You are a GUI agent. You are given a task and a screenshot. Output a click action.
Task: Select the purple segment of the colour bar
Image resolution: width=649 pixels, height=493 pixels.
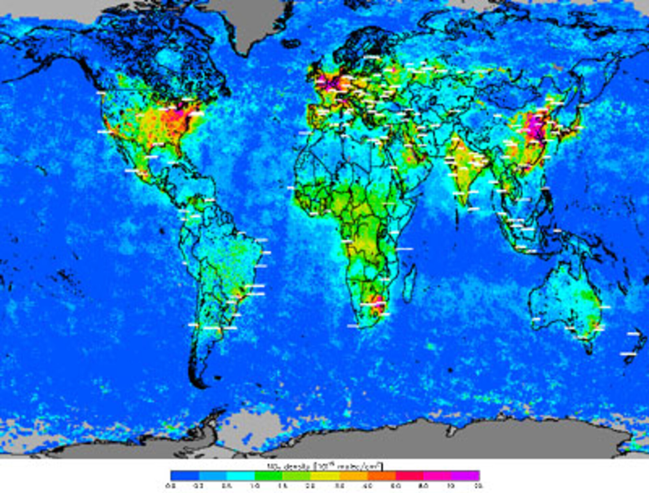click(x=465, y=475)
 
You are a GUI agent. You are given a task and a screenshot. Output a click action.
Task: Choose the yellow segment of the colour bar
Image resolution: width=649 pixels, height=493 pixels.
click(x=324, y=475)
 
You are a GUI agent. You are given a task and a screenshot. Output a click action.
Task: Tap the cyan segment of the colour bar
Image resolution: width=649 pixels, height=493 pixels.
click(x=241, y=475)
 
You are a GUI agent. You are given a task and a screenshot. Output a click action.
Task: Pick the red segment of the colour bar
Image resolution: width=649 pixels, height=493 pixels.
click(x=409, y=475)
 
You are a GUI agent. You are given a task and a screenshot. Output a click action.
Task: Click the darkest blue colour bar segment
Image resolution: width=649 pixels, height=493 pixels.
click(x=185, y=475)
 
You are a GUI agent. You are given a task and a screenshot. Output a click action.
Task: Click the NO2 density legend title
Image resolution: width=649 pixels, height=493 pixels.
click(x=324, y=466)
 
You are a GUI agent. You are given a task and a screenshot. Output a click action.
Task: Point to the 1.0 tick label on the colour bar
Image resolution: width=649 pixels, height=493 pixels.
click(x=255, y=486)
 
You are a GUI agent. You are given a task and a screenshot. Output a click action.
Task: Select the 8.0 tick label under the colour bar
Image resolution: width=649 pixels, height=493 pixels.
click(x=423, y=486)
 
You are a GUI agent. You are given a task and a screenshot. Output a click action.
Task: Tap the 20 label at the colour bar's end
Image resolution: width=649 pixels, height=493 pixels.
click(x=478, y=486)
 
